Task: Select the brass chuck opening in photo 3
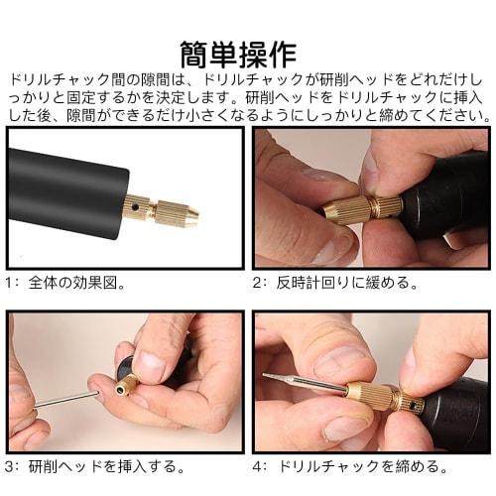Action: [x=125, y=383]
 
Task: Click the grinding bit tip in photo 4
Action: [x=273, y=378]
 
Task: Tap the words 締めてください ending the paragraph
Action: [x=436, y=115]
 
